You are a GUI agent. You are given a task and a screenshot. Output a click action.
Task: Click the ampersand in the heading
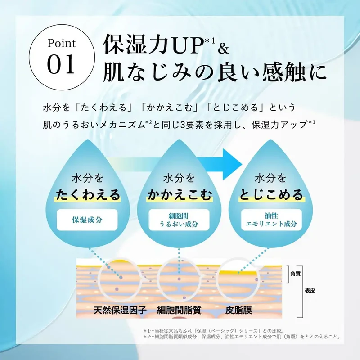pyautogui.click(x=223, y=48)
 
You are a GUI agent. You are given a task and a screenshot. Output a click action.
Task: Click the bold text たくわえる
pyautogui.click(x=88, y=195)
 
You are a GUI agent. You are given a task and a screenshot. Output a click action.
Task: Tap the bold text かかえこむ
pyautogui.click(x=179, y=195)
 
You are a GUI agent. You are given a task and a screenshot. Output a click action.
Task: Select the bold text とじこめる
pyautogui.click(x=271, y=195)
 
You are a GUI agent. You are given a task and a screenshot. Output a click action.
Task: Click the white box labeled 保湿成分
pyautogui.click(x=87, y=220)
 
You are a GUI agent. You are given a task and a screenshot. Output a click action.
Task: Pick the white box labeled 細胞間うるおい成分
pyautogui.click(x=179, y=220)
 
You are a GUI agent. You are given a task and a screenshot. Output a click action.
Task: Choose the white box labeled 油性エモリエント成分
pyautogui.click(x=271, y=220)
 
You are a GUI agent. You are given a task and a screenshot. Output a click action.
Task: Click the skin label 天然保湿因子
pyautogui.click(x=120, y=310)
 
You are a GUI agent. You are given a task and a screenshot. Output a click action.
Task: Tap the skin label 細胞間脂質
pyautogui.click(x=179, y=310)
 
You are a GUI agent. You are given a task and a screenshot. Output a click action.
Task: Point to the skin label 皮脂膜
pyautogui.click(x=239, y=310)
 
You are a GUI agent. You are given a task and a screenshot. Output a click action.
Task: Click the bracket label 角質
pyautogui.click(x=296, y=274)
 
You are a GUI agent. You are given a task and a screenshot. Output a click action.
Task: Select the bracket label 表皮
pyautogui.click(x=310, y=291)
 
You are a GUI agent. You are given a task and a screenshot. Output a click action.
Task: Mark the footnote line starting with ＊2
pyautogui.click(x=242, y=337)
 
